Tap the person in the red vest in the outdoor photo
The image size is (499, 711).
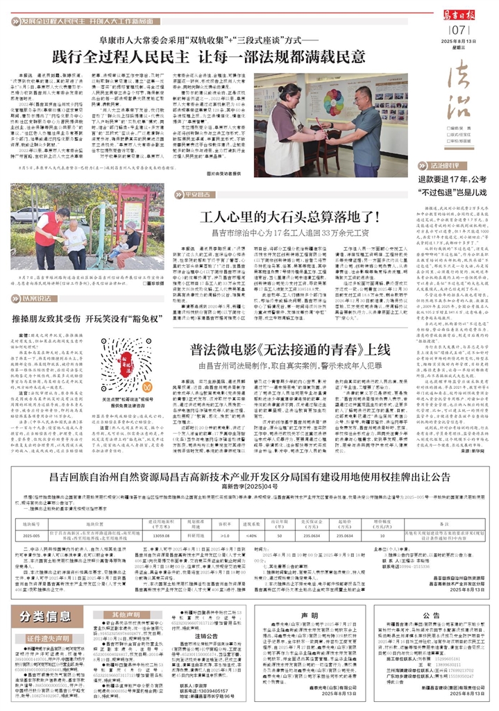click(x=46, y=233)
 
